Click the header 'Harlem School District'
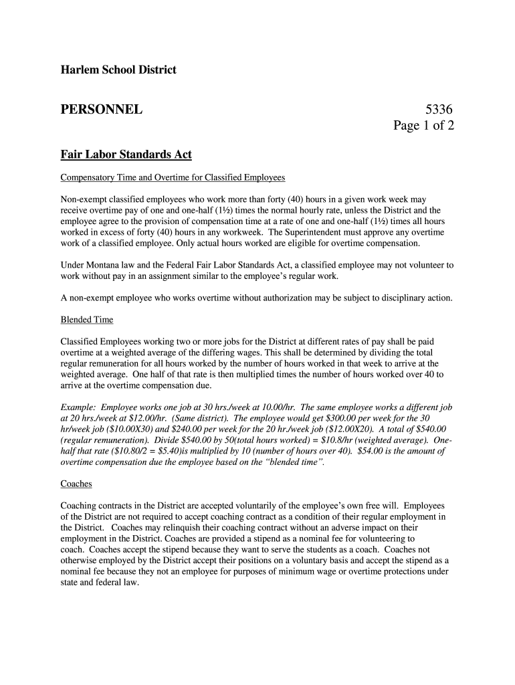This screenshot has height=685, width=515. point(118,70)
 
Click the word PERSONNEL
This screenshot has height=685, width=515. point(102,108)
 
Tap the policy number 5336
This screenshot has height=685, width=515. point(439,108)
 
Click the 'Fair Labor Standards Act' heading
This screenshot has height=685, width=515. point(126,155)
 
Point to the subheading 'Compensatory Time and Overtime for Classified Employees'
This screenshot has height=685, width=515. point(173,178)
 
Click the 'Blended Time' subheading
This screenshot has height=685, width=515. point(87,320)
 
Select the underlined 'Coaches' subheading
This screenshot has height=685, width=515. point(76,484)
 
